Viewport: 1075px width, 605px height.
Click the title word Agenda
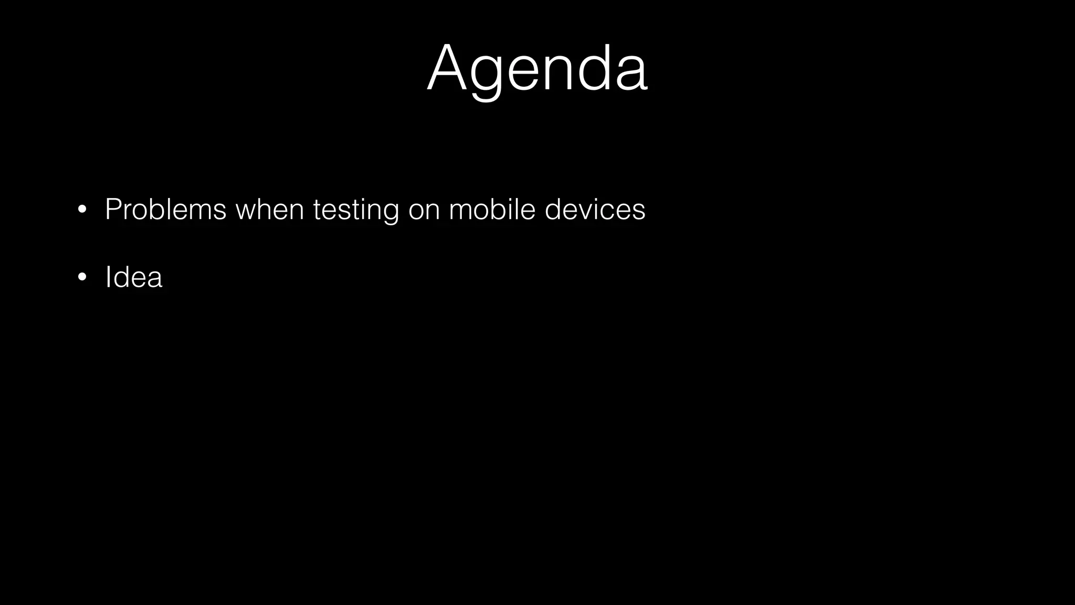pyautogui.click(x=537, y=70)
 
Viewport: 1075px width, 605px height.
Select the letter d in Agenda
pyautogui.click(x=595, y=69)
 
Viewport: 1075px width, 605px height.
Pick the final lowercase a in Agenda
pyautogui.click(x=631, y=75)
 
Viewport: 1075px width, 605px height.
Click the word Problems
pyautogui.click(x=165, y=210)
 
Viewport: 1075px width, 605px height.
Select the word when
pyautogui.click(x=270, y=210)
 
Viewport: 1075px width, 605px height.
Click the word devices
pyautogui.click(x=595, y=210)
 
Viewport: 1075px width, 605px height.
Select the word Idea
pyautogui.click(x=134, y=277)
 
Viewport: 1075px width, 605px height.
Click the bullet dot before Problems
pyautogui.click(x=81, y=210)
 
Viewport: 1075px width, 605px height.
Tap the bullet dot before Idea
pyautogui.click(x=81, y=277)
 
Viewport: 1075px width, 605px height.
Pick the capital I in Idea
pyautogui.click(x=108, y=277)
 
